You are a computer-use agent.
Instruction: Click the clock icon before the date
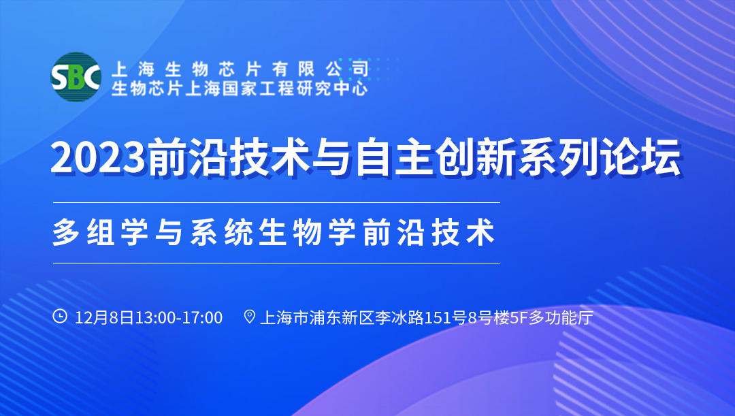point(60,317)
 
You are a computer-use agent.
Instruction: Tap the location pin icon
point(249,317)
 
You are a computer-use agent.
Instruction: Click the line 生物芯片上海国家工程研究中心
point(240,88)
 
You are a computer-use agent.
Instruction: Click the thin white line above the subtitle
point(276,202)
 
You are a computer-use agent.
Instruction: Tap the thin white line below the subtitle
point(276,263)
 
